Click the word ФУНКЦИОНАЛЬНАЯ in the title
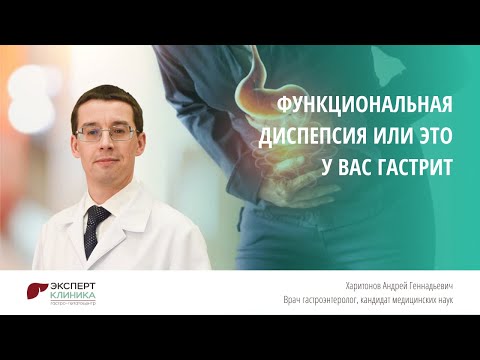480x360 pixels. (x=364, y=106)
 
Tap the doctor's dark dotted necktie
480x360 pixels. (x=96, y=229)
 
